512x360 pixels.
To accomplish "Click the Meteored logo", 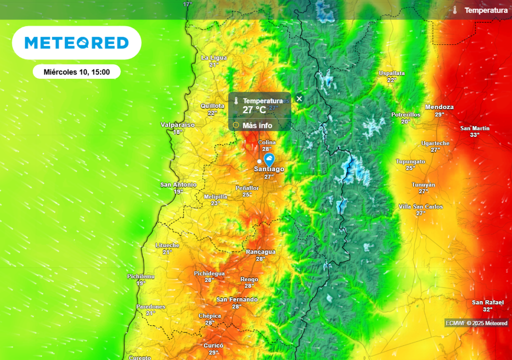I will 76,43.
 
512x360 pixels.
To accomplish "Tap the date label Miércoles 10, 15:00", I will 76,72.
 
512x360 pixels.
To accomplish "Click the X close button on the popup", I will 299,98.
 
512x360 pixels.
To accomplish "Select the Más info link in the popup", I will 257,125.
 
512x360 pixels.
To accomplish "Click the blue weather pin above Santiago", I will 269,160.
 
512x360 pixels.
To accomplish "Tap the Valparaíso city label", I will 177,125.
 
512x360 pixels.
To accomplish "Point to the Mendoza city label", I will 439,107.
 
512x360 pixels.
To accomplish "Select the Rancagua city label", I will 260,252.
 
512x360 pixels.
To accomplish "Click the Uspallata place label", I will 391,73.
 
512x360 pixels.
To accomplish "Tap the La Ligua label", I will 214,58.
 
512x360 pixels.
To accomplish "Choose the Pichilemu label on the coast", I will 141,276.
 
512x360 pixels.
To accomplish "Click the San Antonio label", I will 178,185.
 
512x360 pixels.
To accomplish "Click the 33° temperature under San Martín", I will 474,135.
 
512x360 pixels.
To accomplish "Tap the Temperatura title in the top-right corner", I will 486,10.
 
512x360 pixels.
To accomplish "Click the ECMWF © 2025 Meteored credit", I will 476,323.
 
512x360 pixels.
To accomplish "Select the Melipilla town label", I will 215,197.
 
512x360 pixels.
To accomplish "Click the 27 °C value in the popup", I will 254,110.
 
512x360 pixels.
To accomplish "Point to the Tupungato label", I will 410,161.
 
